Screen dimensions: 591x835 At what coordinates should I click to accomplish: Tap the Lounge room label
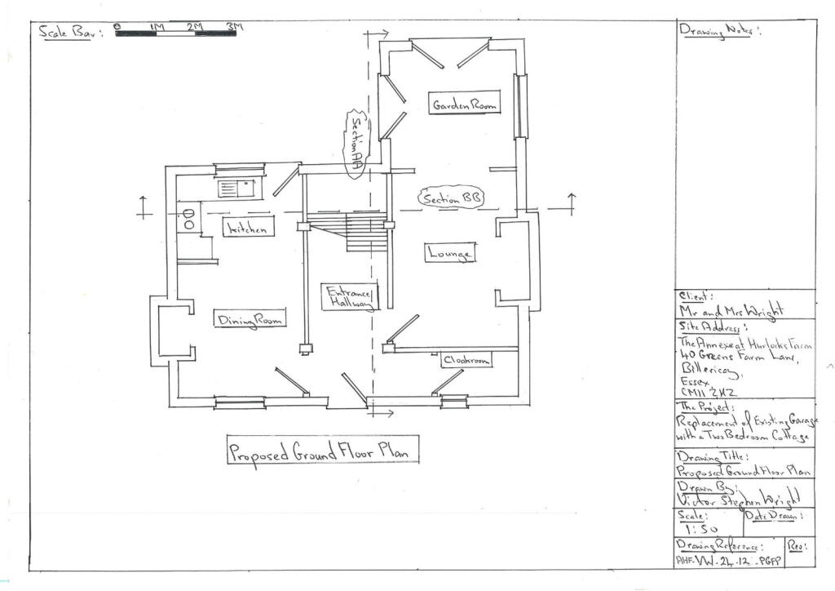click(x=449, y=254)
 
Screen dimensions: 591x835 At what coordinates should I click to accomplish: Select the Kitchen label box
click(x=248, y=229)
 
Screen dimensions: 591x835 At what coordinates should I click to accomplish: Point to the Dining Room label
click(x=250, y=320)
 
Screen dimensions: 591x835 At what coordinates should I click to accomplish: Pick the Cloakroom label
click(x=467, y=360)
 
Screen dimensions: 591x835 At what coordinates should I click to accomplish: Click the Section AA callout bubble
click(x=356, y=143)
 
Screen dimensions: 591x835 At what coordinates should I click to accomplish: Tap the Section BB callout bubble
click(x=449, y=198)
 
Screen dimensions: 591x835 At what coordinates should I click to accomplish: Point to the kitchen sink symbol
click(x=236, y=188)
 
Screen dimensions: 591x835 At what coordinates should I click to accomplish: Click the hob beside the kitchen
click(x=188, y=218)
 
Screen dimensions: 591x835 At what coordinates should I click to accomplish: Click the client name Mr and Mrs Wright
click(x=731, y=310)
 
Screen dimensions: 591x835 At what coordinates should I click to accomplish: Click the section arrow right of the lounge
click(x=571, y=204)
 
